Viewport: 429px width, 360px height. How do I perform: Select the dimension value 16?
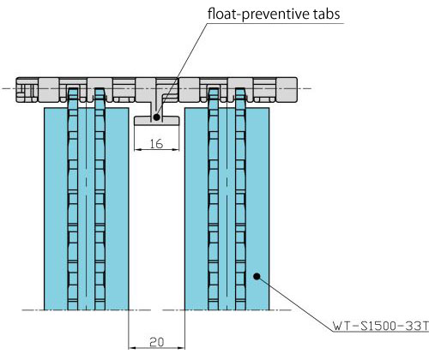[x=156, y=144]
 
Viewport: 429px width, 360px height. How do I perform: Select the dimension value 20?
[x=157, y=342]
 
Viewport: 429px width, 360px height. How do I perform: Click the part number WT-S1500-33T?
[x=381, y=326]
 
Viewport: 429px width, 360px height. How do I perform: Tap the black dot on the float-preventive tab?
[x=156, y=117]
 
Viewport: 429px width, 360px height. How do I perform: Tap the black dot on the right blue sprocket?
[x=257, y=276]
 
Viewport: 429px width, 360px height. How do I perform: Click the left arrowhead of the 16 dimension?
[x=138, y=149]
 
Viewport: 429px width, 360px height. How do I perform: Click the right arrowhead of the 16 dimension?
[x=176, y=149]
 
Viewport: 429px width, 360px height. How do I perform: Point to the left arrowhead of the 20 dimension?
[x=132, y=348]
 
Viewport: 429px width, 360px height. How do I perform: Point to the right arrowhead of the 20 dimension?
[x=181, y=348]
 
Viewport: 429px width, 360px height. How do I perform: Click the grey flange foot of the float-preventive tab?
[x=157, y=121]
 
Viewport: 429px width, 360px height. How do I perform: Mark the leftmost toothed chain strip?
[x=73, y=199]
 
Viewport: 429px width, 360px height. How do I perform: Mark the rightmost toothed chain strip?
[x=240, y=199]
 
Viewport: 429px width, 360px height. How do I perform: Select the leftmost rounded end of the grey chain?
[x=18, y=90]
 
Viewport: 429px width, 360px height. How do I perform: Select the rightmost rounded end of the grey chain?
[x=295, y=90]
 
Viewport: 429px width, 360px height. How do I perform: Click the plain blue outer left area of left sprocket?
[x=56, y=209]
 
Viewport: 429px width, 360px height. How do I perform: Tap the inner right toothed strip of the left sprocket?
[x=100, y=199]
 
